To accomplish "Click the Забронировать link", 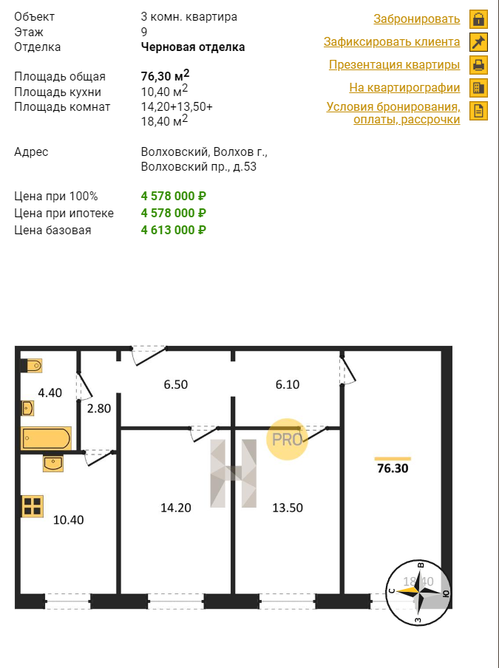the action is pos(416,19).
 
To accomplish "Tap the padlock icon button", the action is pos(478,19).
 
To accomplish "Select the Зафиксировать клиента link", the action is pos(392,41).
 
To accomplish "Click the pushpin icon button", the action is pos(478,42).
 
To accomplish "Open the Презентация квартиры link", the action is pos(394,65).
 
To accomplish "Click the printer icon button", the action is pos(478,65).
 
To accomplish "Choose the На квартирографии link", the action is pos(404,88).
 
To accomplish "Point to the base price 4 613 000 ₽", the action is pos(174,230).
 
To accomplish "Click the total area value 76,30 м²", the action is pos(165,76).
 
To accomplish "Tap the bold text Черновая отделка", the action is pos(193,47).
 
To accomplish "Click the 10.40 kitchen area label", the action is pos(68,519).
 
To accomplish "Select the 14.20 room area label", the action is pos(175,508).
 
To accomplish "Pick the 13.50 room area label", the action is pos(288,508).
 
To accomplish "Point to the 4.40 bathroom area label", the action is pos(50,393).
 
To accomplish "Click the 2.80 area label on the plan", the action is pos(99,409).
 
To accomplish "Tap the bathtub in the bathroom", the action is pos(46,438).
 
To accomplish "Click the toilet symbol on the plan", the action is pos(32,366).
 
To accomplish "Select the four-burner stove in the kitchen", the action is pos(32,506).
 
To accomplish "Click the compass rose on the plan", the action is pos(418,593).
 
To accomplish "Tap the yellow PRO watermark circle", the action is pos(288,439).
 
